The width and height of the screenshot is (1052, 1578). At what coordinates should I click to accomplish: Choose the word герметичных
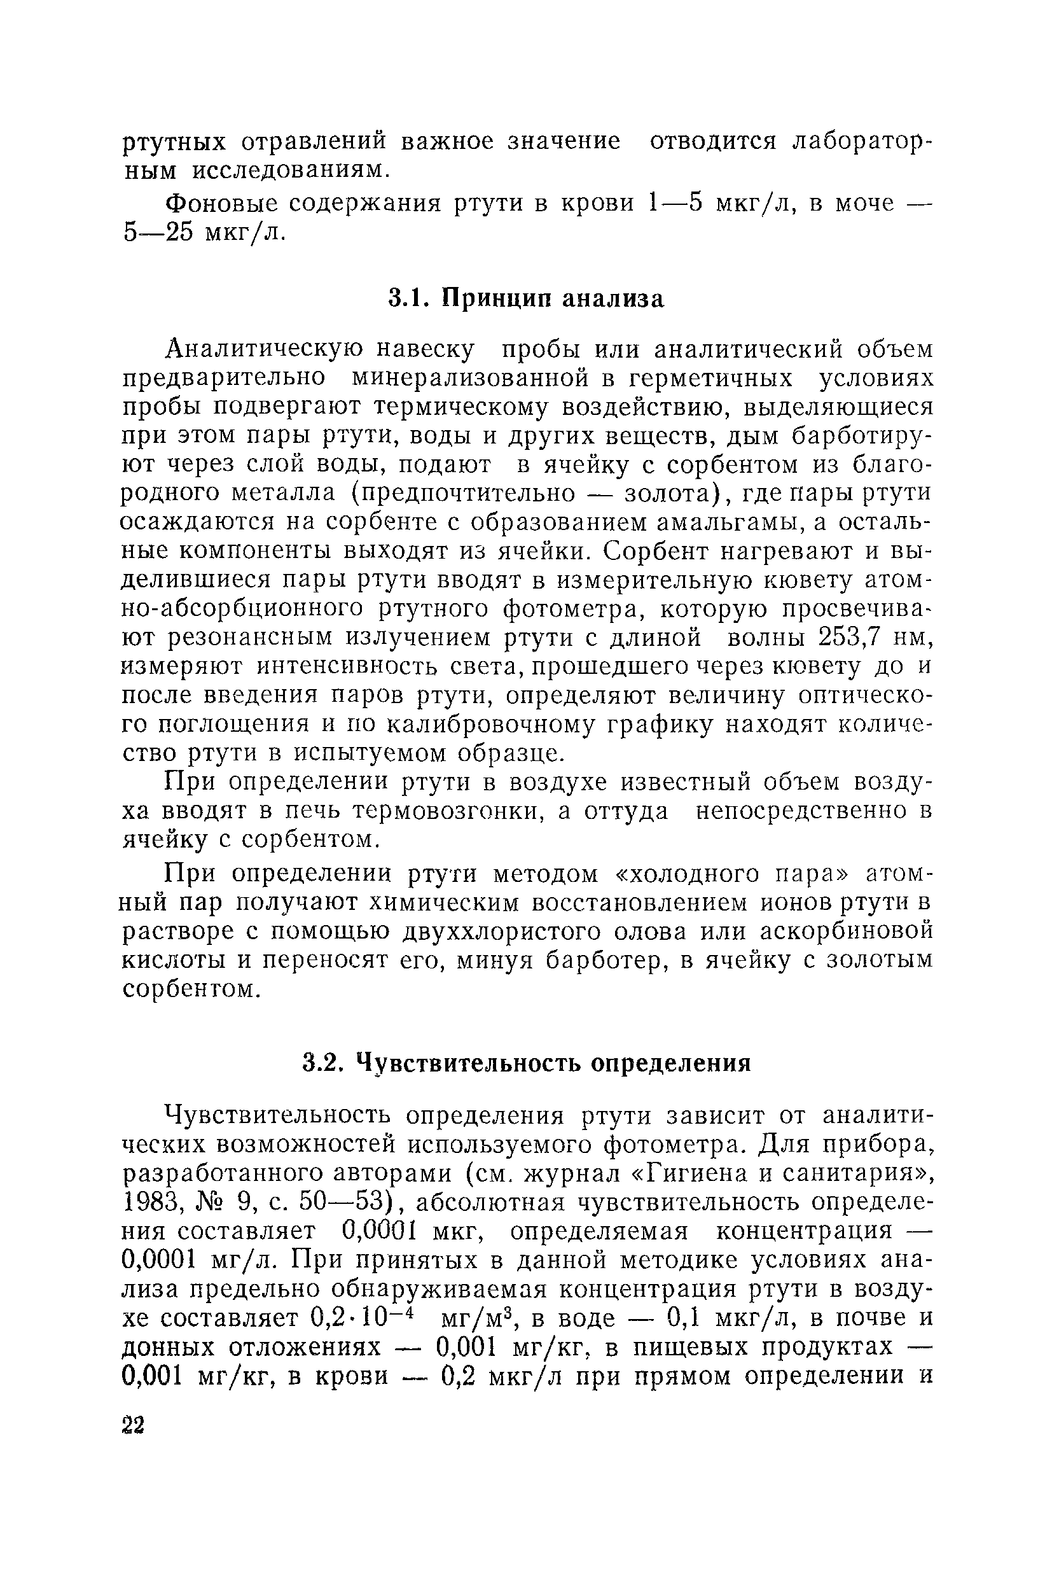(x=712, y=379)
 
